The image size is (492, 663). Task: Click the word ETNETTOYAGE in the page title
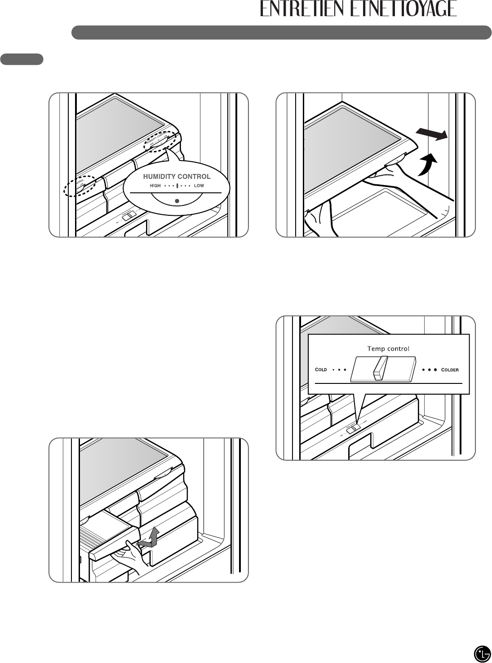pyautogui.click(x=404, y=9)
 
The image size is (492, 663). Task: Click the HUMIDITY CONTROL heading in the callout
pyautogui.click(x=177, y=176)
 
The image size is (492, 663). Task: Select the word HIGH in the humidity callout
pyautogui.click(x=155, y=186)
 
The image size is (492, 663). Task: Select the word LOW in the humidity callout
pyautogui.click(x=199, y=186)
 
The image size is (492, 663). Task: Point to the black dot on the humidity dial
pyautogui.click(x=177, y=200)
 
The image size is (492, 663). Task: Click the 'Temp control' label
pyautogui.click(x=388, y=348)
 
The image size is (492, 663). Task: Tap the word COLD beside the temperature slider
pyautogui.click(x=321, y=369)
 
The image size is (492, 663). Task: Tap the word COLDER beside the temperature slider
pyautogui.click(x=450, y=370)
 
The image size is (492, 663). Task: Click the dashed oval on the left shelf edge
pyautogui.click(x=80, y=186)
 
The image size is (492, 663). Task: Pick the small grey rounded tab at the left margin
pyautogui.click(x=22, y=59)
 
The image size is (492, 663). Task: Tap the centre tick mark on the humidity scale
pyautogui.click(x=177, y=186)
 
